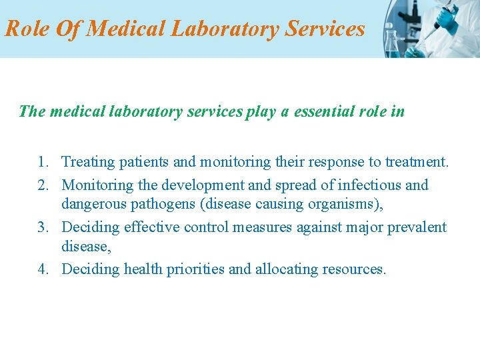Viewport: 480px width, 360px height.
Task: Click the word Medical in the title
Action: pos(126,29)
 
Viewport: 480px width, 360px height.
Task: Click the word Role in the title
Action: pos(27,29)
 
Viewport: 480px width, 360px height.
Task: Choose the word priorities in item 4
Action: pos(195,269)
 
